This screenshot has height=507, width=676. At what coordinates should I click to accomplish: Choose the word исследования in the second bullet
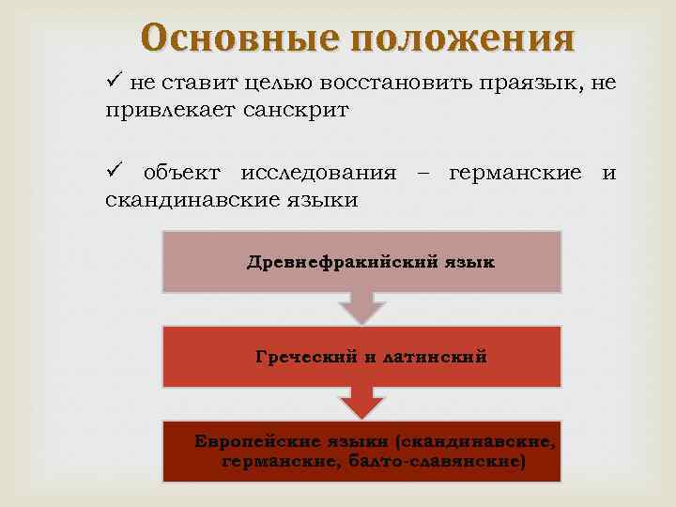[318, 173]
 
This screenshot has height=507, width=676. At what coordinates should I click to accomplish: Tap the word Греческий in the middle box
[308, 357]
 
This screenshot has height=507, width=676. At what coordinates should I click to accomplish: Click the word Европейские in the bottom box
[249, 440]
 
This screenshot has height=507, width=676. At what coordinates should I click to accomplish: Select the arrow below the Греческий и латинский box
[361, 403]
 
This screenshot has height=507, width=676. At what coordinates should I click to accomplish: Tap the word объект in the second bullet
[181, 173]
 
